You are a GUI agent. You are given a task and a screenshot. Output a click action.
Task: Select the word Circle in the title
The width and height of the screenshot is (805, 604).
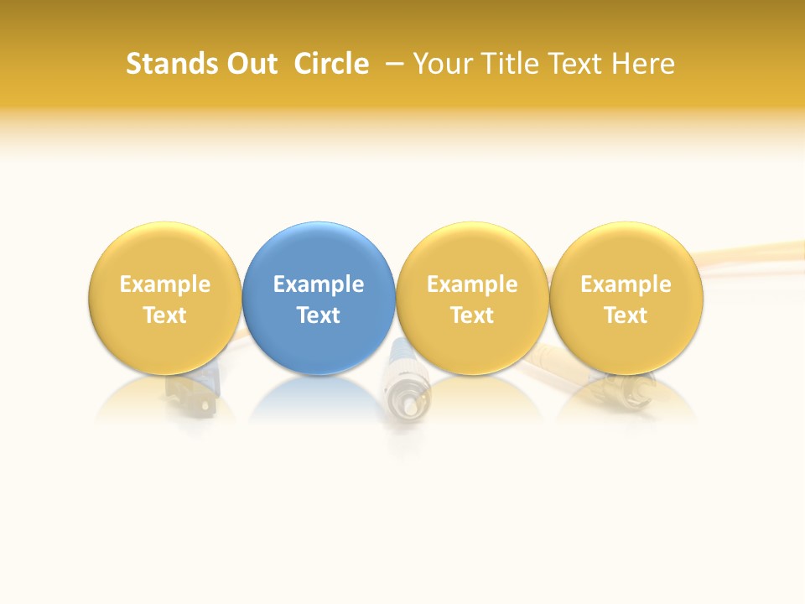[331, 64]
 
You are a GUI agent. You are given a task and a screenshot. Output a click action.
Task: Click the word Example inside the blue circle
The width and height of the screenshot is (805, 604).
[319, 284]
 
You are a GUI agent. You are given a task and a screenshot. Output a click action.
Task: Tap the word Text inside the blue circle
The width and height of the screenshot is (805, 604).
[319, 315]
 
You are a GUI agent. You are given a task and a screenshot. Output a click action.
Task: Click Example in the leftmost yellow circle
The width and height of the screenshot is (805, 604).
[165, 284]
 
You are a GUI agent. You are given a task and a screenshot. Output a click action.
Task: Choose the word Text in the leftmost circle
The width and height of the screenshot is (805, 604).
[165, 315]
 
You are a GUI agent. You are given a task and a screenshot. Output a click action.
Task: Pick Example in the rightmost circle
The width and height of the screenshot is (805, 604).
[626, 284]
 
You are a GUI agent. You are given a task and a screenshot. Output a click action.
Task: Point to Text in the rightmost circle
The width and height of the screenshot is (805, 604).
[626, 315]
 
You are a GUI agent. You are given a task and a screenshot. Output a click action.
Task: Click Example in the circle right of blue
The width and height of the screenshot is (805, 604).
[472, 284]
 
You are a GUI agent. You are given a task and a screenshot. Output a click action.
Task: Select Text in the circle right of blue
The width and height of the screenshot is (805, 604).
[472, 315]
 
